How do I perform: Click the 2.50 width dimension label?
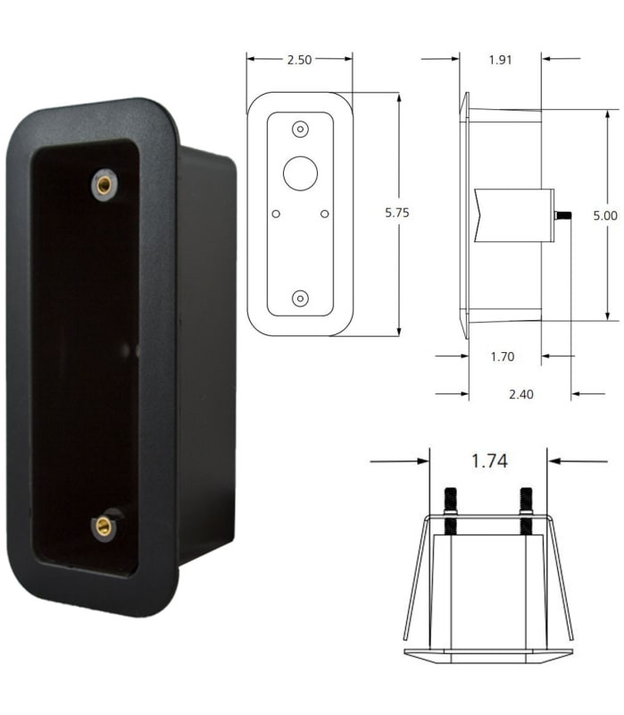[x=299, y=60]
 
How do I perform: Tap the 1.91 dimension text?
[x=501, y=61]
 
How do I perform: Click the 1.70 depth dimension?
[x=503, y=357]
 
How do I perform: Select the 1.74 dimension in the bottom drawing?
[x=489, y=461]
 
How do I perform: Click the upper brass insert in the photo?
[x=104, y=185]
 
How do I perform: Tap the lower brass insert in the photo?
[x=104, y=526]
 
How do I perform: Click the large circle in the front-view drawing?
[x=300, y=172]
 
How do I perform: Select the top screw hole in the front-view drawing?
[x=300, y=129]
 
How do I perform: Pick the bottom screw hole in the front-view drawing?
[x=300, y=298]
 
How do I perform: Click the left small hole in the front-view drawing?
[x=276, y=213]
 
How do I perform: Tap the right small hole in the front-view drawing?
[x=324, y=213]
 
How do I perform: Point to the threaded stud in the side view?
[x=562, y=215]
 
